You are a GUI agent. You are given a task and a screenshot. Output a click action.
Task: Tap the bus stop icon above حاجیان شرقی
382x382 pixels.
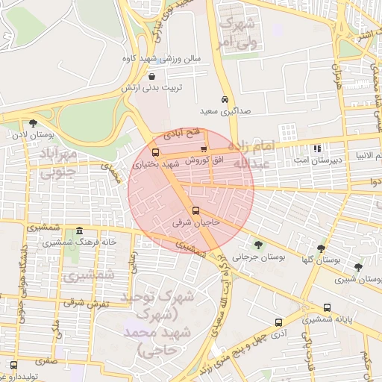pos(195,210)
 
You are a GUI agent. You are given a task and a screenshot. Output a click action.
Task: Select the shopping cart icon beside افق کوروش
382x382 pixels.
pos(204,149)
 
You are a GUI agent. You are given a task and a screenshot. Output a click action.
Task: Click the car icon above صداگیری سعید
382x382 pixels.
pos(224,99)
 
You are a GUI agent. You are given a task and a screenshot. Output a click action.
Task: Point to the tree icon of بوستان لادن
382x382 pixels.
pos(33,124)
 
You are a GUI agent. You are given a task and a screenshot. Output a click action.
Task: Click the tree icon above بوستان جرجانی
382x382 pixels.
pos(258,244)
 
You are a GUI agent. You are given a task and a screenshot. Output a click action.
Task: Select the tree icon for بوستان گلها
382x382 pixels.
pos(321,248)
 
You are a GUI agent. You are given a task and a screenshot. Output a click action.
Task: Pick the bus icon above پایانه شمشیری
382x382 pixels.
pos(327,307)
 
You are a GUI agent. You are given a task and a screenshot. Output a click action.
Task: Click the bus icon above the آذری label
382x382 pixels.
pos(278,322)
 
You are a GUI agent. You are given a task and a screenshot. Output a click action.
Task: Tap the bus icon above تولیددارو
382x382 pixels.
pos(14,365)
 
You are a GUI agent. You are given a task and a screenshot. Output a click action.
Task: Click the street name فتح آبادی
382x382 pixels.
pos(183,134)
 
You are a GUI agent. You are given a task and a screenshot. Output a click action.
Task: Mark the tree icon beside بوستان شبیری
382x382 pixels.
pos(358,267)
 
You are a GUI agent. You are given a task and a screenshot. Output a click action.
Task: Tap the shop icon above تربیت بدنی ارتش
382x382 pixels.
pos(152,76)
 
